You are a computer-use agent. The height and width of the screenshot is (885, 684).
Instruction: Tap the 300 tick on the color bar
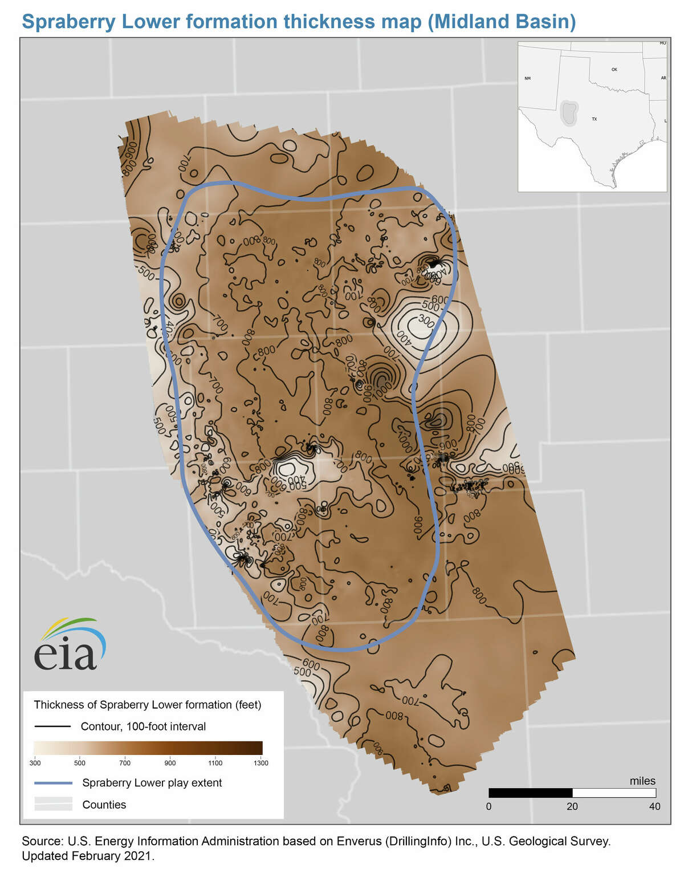[35, 762]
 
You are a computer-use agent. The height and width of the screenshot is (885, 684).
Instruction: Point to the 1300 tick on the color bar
[261, 762]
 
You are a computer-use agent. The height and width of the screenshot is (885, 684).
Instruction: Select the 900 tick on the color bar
[170, 762]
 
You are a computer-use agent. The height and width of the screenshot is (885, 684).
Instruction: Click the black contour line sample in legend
[52, 726]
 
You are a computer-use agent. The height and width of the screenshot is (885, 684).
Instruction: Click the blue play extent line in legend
[52, 783]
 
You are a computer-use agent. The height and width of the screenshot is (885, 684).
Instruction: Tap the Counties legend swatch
[53, 804]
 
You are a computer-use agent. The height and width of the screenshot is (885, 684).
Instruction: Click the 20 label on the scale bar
[572, 806]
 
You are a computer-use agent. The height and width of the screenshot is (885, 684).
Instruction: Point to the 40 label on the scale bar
[655, 806]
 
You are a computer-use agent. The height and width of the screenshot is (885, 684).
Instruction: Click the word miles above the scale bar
[642, 781]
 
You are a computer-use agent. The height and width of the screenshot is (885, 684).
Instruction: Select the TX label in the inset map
[594, 119]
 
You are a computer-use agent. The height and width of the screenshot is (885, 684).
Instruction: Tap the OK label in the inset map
[614, 70]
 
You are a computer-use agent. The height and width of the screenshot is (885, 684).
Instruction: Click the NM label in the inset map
[527, 78]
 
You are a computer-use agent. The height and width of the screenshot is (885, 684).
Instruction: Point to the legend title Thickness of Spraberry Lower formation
[147, 705]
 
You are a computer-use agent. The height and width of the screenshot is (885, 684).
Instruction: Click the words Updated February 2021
[88, 856]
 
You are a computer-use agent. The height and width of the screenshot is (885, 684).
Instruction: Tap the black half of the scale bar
[530, 793]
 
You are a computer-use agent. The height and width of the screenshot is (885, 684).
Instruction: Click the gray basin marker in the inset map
[568, 112]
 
